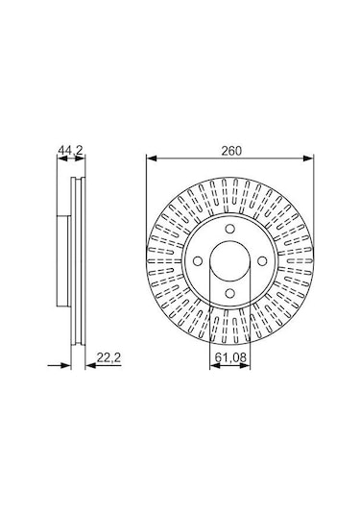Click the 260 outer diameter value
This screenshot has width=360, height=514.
pyautogui.click(x=230, y=150)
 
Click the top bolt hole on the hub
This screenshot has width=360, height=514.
pyautogui.click(x=230, y=230)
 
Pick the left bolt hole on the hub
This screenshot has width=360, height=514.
pyautogui.click(x=198, y=261)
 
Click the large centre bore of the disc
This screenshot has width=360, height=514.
pyautogui.click(x=230, y=261)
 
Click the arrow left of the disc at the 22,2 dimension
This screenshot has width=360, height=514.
pyautogui.click(x=66, y=366)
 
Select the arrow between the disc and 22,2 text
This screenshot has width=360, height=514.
pyautogui.click(x=89, y=366)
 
